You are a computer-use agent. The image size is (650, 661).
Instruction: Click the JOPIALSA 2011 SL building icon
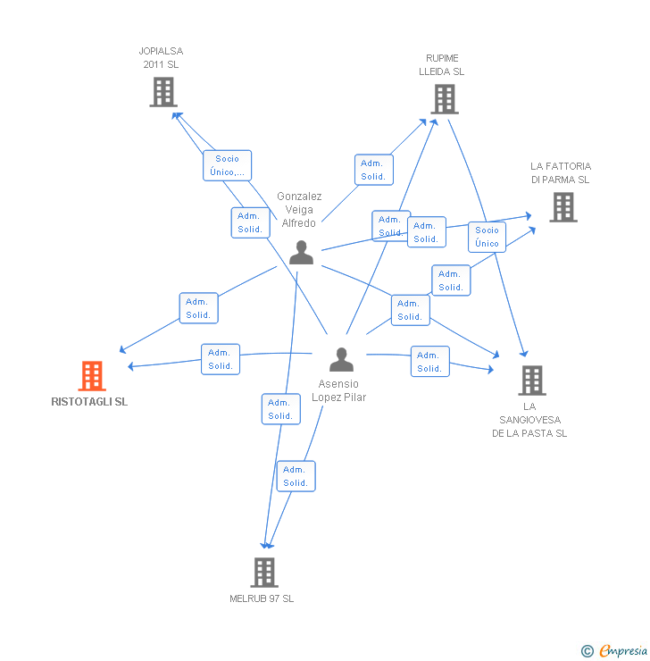tap(162, 92)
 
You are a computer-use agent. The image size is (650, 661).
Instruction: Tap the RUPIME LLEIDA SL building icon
tap(444, 99)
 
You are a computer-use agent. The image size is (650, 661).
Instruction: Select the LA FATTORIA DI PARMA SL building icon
tap(562, 207)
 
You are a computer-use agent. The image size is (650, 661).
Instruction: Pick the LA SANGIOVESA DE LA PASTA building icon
tap(531, 381)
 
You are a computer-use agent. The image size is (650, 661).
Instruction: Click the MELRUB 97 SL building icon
tap(263, 572)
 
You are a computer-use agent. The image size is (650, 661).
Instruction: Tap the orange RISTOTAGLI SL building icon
tap(92, 376)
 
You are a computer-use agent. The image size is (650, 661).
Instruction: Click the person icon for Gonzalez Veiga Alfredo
tap(301, 253)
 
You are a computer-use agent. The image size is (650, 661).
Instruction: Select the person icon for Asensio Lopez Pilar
tap(341, 359)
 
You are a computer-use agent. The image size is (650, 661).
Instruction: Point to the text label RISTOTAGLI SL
tap(89, 402)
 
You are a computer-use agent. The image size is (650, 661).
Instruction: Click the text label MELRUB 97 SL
tap(262, 598)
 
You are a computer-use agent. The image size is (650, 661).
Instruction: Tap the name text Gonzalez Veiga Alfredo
tap(299, 210)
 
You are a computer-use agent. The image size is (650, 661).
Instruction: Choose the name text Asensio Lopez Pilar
tap(339, 390)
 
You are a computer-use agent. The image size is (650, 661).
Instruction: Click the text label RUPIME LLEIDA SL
tap(442, 65)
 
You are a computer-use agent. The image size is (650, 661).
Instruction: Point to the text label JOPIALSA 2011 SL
tap(162, 58)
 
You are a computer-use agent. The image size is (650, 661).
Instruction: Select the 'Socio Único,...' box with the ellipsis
tap(227, 165)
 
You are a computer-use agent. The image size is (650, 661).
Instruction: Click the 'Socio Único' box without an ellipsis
tap(487, 237)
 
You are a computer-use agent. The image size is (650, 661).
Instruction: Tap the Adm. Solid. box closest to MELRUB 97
tap(296, 476)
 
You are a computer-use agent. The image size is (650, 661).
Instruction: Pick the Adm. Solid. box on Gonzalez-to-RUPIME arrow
tap(373, 170)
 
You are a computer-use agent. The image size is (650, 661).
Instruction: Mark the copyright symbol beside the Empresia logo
tap(587, 651)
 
